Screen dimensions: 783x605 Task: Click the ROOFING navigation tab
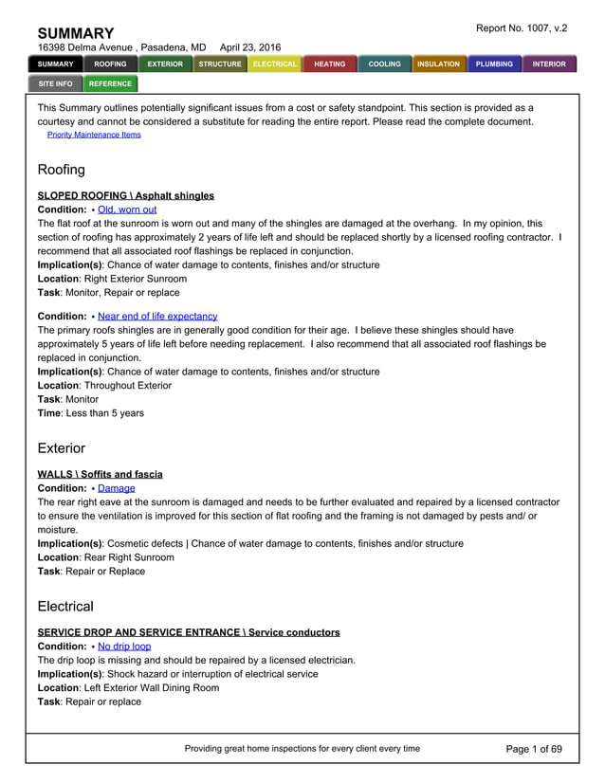coord(110,64)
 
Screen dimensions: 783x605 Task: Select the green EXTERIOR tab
coord(165,64)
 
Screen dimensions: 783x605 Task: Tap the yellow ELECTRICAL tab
coord(275,64)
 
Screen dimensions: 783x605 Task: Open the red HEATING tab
coord(330,64)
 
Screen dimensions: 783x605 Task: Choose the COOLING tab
coord(385,64)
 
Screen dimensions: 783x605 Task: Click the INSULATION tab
coord(439,64)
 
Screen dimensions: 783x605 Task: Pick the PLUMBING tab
coord(494,64)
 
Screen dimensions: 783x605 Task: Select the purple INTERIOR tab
coord(549,64)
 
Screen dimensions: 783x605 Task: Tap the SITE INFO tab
coord(55,83)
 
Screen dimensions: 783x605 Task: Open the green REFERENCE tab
coord(110,83)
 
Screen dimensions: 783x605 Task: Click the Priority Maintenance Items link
coord(94,135)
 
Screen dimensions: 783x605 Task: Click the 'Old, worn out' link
coord(127,209)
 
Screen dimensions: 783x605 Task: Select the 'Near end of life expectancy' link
coord(157,316)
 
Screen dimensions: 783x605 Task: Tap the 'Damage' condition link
coord(117,488)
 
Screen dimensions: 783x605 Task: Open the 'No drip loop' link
coord(124,646)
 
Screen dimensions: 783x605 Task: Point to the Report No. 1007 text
coord(521,28)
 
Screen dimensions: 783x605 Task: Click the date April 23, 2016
coord(250,47)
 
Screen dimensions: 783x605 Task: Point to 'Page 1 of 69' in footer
coord(534,749)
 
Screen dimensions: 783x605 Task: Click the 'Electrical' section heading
coord(65,607)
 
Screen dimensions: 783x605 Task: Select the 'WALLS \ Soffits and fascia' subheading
coord(100,474)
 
